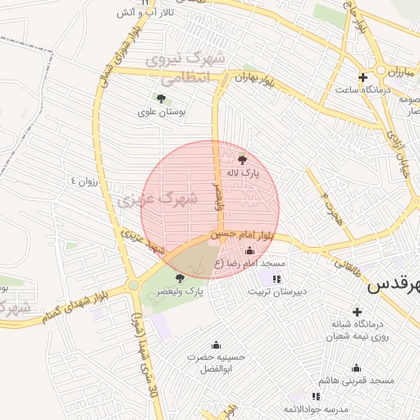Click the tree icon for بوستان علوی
click(160, 98)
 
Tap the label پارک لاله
click(243, 174)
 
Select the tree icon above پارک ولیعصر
click(180, 279)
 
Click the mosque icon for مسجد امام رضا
click(249, 250)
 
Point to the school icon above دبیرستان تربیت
click(276, 279)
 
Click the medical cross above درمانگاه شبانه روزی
click(357, 312)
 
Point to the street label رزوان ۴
click(84, 180)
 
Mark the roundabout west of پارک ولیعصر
click(133, 285)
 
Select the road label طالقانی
click(345, 265)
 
